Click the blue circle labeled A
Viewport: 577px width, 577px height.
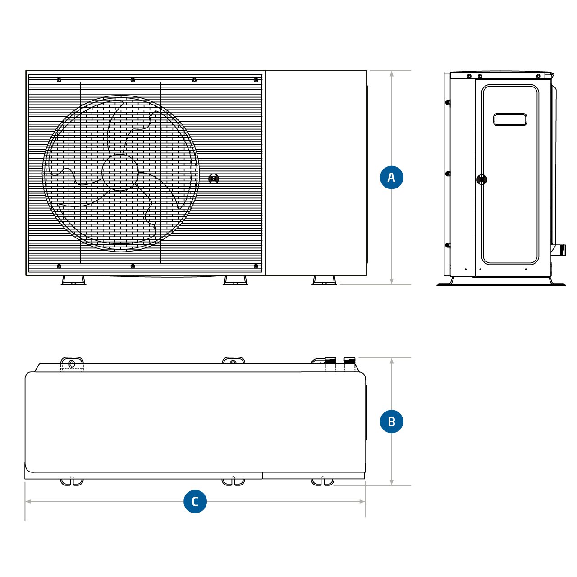pos(391,177)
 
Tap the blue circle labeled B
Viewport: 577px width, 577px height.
pos(391,421)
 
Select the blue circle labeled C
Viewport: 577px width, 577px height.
pos(195,501)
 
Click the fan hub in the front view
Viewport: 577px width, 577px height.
pos(120,172)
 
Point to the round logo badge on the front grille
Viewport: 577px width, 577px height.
pos(214,179)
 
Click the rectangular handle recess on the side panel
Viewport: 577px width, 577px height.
pos(510,119)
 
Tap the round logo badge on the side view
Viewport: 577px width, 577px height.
pos(482,179)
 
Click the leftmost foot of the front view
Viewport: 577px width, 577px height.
pos(73,280)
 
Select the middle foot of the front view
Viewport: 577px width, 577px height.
pos(235,280)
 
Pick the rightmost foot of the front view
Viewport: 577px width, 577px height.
pos(324,280)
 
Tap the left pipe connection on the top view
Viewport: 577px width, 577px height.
pos(330,363)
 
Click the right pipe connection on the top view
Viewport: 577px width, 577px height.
pos(350,363)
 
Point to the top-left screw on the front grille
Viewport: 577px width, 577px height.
pos(59,80)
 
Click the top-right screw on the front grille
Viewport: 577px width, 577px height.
pos(256,80)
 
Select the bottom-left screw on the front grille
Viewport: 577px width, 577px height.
pos(59,266)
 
